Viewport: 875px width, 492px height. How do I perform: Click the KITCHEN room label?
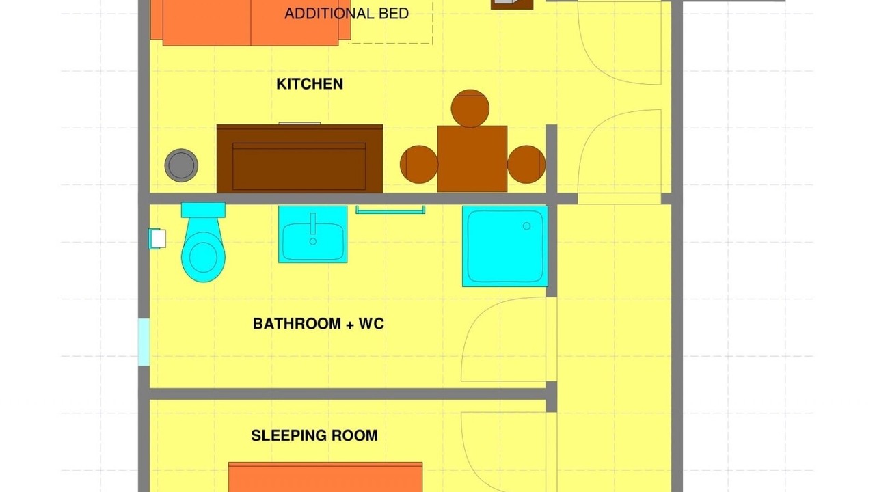pyautogui.click(x=310, y=84)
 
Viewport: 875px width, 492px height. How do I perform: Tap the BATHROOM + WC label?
pyautogui.click(x=319, y=324)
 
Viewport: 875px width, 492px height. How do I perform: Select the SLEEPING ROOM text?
pyautogui.click(x=314, y=435)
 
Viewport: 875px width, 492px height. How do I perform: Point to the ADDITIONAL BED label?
pyautogui.click(x=347, y=14)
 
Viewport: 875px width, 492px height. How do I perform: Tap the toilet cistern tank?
pyautogui.click(x=203, y=210)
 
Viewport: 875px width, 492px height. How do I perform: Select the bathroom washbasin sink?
pyautogui.click(x=313, y=234)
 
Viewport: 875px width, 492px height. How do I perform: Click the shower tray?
pyautogui.click(x=505, y=247)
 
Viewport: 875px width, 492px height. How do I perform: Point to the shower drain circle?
pyautogui.click(x=526, y=225)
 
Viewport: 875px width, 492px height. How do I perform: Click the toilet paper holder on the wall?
pyautogui.click(x=157, y=238)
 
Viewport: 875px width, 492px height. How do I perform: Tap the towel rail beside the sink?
pyautogui.click(x=390, y=210)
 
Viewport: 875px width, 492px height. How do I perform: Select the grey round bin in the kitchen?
pyautogui.click(x=181, y=165)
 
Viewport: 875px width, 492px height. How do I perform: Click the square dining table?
pyautogui.click(x=472, y=159)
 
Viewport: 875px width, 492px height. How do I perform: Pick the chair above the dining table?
pyautogui.click(x=470, y=108)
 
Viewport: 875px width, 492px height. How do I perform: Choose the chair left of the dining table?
pyautogui.click(x=419, y=165)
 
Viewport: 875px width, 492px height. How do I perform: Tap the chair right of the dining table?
pyautogui.click(x=526, y=165)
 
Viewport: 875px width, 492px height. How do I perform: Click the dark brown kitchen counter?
pyautogui.click(x=299, y=159)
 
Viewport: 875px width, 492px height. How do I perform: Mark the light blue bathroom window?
pyautogui.click(x=144, y=342)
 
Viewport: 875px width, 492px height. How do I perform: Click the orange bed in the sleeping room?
pyautogui.click(x=325, y=477)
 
